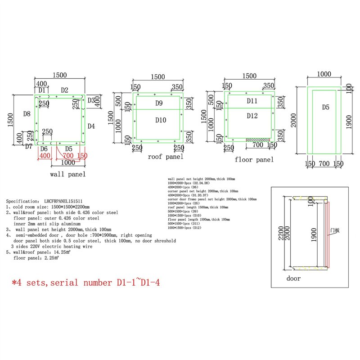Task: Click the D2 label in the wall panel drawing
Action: pyautogui.click(x=64, y=90)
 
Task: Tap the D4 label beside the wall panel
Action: pyautogui.click(x=91, y=126)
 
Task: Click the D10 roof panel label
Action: pyautogui.click(x=161, y=120)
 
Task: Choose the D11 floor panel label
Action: pyautogui.click(x=252, y=101)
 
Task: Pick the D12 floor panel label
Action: pyautogui.click(x=252, y=116)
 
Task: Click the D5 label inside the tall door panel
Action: pyautogui.click(x=326, y=107)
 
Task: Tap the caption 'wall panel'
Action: pyautogui.click(x=67, y=174)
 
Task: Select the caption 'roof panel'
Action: pyautogui.click(x=166, y=157)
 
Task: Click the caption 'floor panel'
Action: pyautogui.click(x=254, y=160)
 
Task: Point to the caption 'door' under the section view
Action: pyautogui.click(x=293, y=278)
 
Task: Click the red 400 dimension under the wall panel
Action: pyautogui.click(x=45, y=155)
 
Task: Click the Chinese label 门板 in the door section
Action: pyautogui.click(x=334, y=230)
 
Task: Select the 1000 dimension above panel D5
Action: pyautogui.click(x=324, y=74)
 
